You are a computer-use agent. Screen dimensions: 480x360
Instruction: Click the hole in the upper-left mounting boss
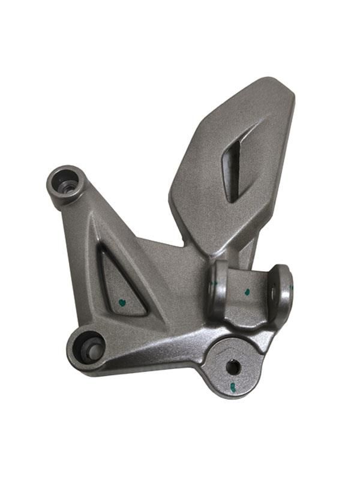pyautogui.click(x=66, y=185)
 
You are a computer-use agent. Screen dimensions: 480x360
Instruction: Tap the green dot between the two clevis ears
pyautogui.click(x=247, y=293)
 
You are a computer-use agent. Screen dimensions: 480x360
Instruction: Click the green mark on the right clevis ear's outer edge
pyautogui.click(x=292, y=289)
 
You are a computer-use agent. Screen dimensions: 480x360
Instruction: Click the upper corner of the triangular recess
pyautogui.click(x=104, y=248)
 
